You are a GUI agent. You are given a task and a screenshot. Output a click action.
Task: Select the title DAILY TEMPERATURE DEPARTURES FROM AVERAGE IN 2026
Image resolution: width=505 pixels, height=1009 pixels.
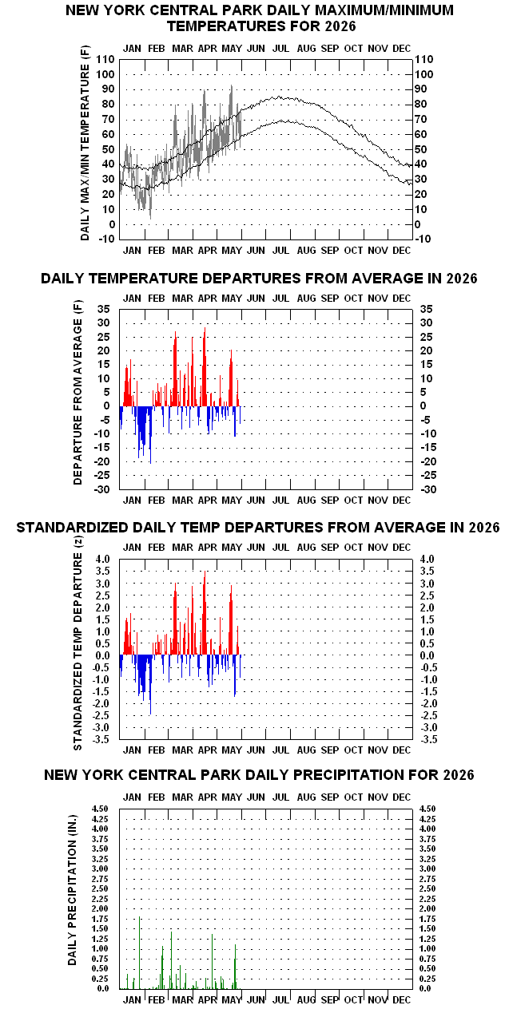(259, 279)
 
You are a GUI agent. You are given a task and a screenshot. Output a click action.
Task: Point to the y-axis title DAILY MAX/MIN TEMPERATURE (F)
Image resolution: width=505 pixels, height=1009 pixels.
(85, 143)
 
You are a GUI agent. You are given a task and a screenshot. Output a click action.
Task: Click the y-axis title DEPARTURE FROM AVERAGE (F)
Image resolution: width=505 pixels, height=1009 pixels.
(78, 393)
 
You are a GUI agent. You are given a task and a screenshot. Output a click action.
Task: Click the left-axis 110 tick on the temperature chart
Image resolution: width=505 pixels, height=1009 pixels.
(105, 59)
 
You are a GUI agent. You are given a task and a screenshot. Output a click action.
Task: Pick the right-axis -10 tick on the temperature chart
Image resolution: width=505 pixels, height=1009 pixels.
(423, 239)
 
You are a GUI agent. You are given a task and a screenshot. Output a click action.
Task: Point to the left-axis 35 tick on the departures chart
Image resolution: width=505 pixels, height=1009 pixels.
(104, 309)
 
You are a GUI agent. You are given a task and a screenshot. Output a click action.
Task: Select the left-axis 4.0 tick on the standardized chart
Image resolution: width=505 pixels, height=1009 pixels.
(102, 559)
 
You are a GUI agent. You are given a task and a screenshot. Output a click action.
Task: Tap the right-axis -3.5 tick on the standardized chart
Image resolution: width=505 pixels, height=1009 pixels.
(428, 739)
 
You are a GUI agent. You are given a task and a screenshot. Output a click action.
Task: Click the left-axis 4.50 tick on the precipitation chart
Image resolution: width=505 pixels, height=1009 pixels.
(100, 809)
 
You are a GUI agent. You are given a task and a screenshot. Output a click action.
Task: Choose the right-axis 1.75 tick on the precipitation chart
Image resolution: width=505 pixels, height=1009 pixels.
(427, 919)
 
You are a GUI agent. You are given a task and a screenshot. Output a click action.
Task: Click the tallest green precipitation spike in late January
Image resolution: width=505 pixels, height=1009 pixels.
(140, 952)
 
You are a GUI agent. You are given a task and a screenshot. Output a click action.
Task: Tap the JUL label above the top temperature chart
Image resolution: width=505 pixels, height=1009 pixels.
(280, 49)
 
